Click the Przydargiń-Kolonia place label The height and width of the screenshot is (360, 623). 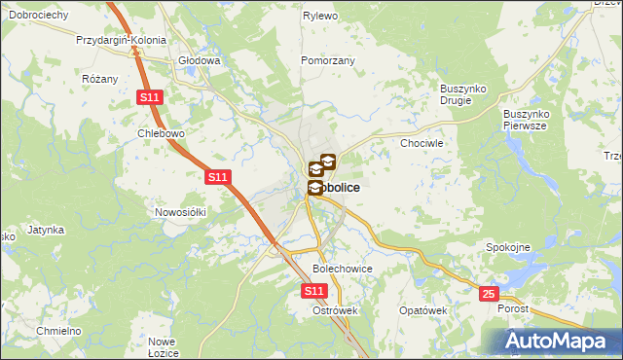click(x=122, y=42)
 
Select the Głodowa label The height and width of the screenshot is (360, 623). click(x=200, y=59)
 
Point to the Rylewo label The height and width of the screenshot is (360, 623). click(x=320, y=17)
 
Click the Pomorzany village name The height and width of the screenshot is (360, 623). click(x=328, y=59)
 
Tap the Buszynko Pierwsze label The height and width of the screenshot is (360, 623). click(x=527, y=120)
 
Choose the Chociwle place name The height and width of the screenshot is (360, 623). click(x=422, y=142)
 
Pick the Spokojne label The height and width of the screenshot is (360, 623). click(x=508, y=247)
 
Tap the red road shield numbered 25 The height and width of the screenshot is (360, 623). click(x=489, y=293)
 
